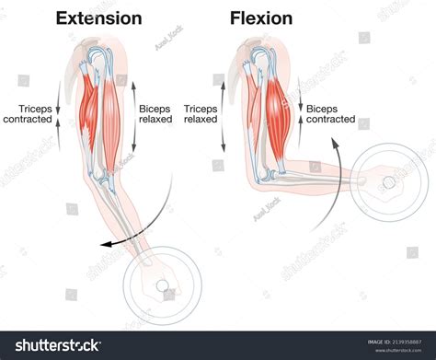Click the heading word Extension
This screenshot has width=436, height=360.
(98, 17)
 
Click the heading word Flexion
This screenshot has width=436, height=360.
(262, 17)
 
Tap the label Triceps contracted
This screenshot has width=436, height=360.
(28, 113)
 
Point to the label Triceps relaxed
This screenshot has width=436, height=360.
(200, 113)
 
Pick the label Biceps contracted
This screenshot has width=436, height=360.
(330, 113)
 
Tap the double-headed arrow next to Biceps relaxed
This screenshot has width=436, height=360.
(134, 114)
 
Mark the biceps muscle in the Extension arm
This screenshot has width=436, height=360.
(111, 106)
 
